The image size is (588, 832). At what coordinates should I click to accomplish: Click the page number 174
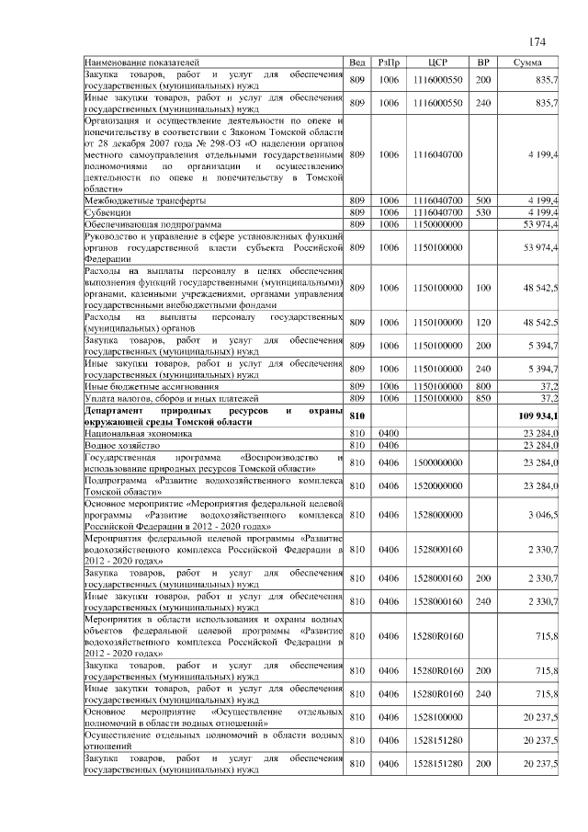(537, 41)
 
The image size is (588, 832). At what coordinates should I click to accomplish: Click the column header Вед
(358, 62)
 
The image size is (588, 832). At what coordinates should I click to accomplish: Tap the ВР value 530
(482, 211)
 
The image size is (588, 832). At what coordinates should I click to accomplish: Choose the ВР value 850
(482, 398)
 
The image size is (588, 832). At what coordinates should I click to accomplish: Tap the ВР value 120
(482, 323)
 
